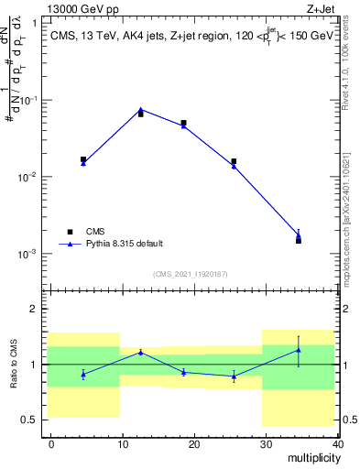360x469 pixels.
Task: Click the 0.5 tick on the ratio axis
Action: click(x=37, y=420)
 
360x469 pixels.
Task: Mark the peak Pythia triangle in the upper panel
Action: click(x=140, y=109)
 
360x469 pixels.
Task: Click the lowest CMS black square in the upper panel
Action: click(x=299, y=240)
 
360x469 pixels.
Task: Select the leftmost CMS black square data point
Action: click(x=83, y=159)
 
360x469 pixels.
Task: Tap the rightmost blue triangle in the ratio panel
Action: click(x=299, y=350)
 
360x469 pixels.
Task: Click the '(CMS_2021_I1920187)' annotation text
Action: click(x=190, y=274)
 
